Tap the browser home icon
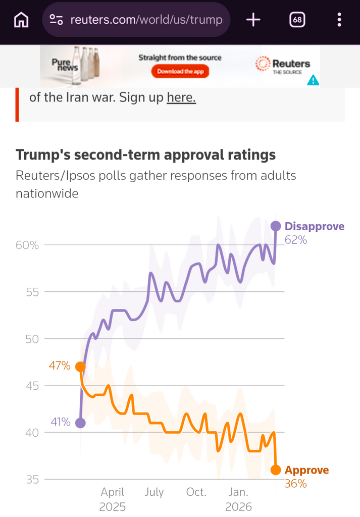pos(21,20)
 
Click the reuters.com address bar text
pos(146,20)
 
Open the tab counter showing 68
pos(297,20)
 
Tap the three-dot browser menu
pos(339,20)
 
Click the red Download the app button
pos(180,71)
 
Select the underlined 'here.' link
pos(181,97)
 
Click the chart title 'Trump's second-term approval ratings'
pos(146,154)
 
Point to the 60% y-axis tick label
pos(27,245)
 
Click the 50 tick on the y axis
pos(32,339)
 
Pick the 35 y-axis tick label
pos(33,480)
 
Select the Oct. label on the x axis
pos(196,492)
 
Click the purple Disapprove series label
pos(315,226)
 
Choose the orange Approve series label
pos(307,470)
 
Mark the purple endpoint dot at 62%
pos(276,226)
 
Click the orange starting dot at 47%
pos(80,367)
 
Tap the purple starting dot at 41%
pos(80,423)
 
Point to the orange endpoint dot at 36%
pos(276,470)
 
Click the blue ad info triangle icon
pos(313,80)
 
